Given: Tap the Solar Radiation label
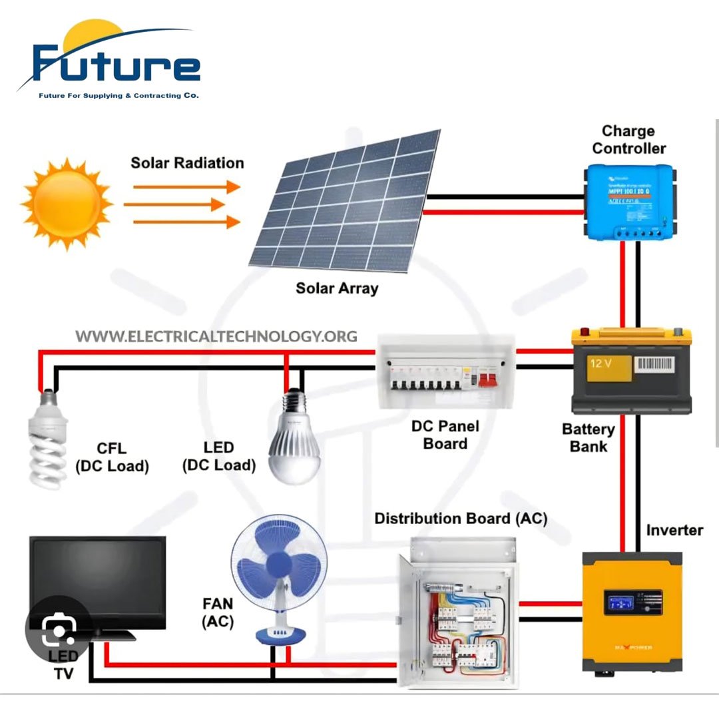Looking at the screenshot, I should [187, 163].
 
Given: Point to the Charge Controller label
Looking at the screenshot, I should [628, 140].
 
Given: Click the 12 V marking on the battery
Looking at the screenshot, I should [601, 364].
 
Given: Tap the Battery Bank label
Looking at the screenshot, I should [588, 437].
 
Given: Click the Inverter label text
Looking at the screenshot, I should [674, 530].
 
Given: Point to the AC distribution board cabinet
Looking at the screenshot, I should [456, 612].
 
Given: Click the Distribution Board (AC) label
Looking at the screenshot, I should [461, 519].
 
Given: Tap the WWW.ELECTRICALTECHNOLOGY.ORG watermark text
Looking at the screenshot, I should [216, 336].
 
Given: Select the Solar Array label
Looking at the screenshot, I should [337, 288].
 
